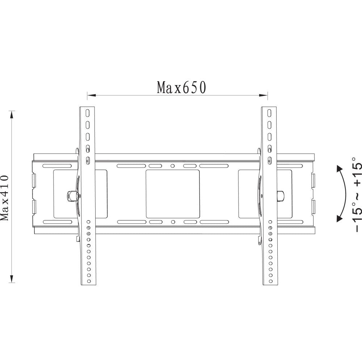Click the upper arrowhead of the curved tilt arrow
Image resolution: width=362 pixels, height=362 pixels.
tap(339, 169)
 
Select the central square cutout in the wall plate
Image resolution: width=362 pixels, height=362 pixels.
tap(173, 194)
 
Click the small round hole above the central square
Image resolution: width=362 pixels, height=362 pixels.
tap(173, 166)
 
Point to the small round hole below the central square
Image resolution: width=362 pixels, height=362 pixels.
tap(173, 222)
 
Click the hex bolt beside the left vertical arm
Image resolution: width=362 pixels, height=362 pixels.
tap(71, 196)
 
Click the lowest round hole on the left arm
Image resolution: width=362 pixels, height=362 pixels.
tap(88, 281)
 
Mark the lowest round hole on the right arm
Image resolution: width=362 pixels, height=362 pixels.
tap(269, 281)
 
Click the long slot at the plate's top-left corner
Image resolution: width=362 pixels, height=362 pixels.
tap(57, 166)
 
